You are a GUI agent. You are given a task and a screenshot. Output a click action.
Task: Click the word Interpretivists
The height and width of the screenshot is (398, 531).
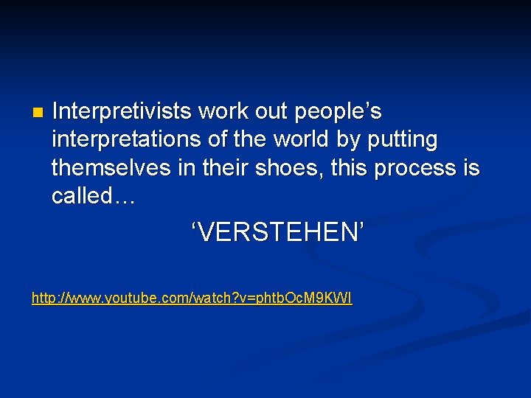[122, 111]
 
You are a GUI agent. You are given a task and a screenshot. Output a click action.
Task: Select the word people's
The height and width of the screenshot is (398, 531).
[338, 111]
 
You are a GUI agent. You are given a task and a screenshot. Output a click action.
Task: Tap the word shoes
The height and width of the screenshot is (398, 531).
[279, 167]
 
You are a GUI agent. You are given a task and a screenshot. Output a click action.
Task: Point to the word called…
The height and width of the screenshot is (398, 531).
[93, 195]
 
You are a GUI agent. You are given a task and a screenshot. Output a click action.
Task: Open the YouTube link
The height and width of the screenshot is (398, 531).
[192, 298]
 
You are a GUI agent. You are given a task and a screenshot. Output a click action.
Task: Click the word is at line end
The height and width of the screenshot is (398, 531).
[471, 167]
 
